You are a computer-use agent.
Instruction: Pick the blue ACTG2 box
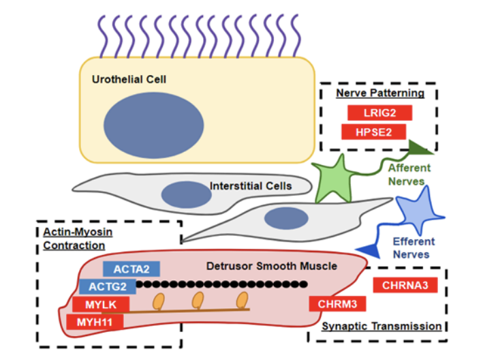107,286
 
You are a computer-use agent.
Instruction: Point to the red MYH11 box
95,322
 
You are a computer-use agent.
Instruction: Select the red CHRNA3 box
405,284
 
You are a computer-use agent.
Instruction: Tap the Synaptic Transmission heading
381,327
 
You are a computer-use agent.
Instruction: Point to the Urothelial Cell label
129,80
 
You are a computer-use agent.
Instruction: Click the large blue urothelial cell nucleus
153,125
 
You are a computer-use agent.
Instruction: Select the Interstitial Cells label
251,185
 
